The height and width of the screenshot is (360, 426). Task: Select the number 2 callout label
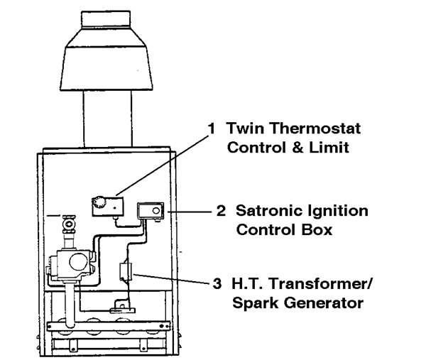(x=220, y=211)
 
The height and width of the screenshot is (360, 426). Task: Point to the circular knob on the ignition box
(x=154, y=211)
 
